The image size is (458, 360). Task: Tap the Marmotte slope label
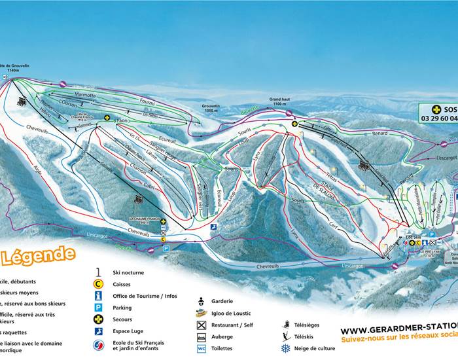tap(85, 96)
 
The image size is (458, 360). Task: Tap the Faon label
tap(121, 121)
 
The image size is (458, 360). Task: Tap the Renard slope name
tap(380, 133)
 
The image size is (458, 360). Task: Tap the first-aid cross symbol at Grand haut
tap(294, 123)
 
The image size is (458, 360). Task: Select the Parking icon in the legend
tap(98, 308)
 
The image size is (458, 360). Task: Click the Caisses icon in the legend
tap(98, 283)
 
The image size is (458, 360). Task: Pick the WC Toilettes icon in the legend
tap(202, 348)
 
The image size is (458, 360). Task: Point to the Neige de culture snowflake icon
tap(285, 348)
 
